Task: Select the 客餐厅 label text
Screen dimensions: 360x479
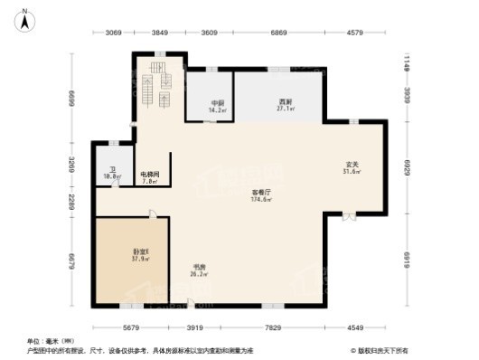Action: pyautogui.click(x=262, y=193)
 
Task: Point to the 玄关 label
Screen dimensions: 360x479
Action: pyautogui.click(x=352, y=165)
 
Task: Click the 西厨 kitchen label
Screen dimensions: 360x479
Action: pyautogui.click(x=284, y=102)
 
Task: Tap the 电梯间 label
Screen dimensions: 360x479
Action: pyautogui.click(x=150, y=174)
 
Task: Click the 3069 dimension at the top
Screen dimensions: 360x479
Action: pyautogui.click(x=112, y=33)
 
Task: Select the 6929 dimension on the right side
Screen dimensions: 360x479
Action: pyautogui.click(x=407, y=168)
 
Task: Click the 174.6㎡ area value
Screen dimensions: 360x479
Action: pyautogui.click(x=262, y=200)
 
